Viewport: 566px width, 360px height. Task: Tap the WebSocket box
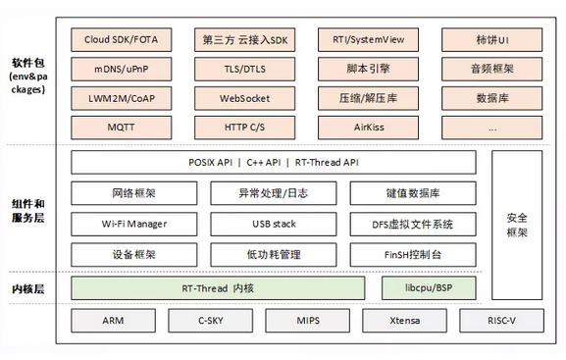tap(244, 99)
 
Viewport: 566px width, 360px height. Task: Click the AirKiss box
tap(368, 127)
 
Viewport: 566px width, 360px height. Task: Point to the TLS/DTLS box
tap(244, 71)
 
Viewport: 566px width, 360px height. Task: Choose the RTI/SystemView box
tap(368, 41)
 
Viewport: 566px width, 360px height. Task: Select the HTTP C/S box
tap(244, 127)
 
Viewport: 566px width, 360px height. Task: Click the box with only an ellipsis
tap(491, 127)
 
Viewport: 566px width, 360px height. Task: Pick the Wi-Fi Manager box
tap(134, 224)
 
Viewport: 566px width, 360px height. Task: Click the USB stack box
tap(274, 224)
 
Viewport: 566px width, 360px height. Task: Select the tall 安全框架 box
tap(517, 209)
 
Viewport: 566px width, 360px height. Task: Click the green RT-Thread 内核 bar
tap(218, 288)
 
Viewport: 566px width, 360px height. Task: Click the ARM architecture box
tap(112, 321)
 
